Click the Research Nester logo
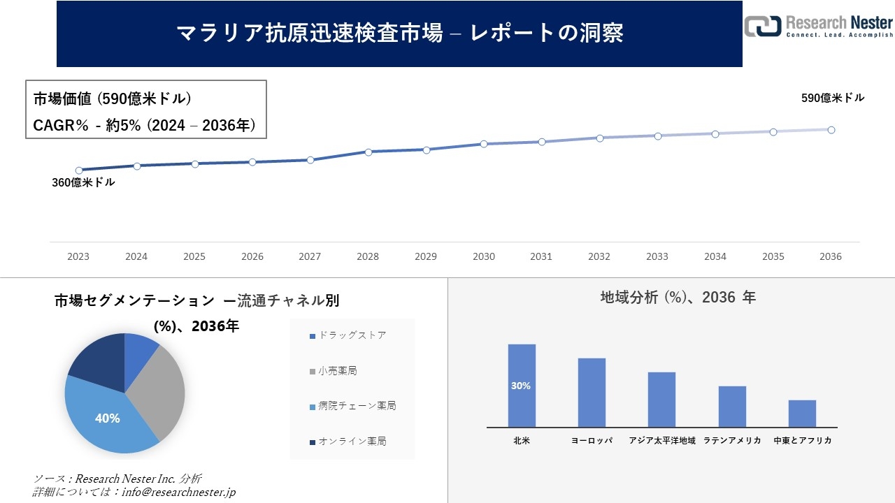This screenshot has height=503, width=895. tap(819, 26)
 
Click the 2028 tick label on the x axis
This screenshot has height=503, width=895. tap(368, 256)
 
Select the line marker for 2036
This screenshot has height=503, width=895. tap(831, 130)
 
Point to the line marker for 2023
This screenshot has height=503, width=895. tap(79, 170)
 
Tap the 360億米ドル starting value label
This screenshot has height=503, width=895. tap(83, 182)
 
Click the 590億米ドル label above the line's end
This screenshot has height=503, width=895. tap(833, 99)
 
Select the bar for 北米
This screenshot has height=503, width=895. tap(522, 385)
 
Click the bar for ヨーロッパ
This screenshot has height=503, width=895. tap(592, 392)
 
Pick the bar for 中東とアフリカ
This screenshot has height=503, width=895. tap(802, 413)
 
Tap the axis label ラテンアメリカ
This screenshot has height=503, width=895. tap(732, 441)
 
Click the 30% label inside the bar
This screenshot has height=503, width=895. tap(521, 386)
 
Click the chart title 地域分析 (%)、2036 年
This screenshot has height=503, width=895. tap(678, 298)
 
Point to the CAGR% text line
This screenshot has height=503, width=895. tap(145, 126)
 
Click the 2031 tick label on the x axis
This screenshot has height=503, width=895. tap(541, 256)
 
